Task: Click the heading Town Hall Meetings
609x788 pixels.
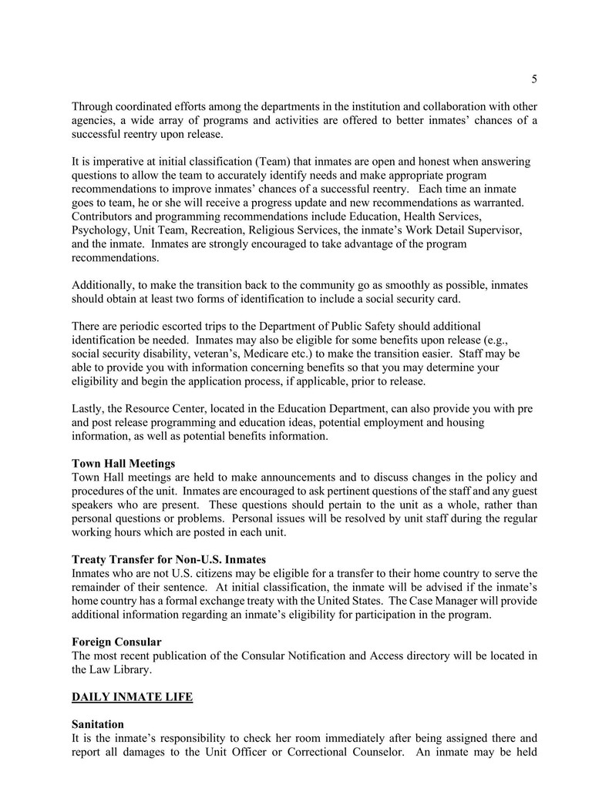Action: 123,464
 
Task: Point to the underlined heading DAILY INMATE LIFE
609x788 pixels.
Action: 132,697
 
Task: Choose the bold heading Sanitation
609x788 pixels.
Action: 97,725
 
